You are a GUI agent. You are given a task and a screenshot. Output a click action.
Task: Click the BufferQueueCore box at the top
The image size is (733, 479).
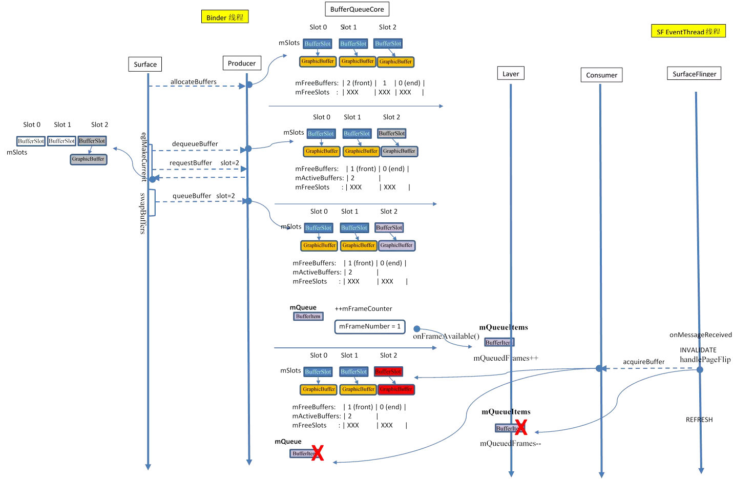[357, 9]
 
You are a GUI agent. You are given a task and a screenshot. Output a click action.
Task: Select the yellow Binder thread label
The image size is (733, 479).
[225, 17]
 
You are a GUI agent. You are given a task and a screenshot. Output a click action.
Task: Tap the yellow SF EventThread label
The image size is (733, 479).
[688, 32]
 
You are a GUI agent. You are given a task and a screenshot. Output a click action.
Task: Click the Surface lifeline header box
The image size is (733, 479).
[145, 65]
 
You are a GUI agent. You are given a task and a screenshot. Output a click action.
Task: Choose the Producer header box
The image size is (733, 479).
[242, 64]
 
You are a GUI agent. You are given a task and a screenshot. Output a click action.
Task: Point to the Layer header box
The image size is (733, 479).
[511, 74]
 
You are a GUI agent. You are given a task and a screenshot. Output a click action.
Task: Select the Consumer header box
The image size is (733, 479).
[601, 75]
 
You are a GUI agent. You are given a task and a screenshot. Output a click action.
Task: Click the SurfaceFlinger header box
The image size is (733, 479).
[694, 74]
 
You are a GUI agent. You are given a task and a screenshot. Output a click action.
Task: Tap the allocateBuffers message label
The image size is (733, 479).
[194, 81]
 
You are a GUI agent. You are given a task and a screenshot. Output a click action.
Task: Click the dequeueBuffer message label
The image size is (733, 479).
[195, 144]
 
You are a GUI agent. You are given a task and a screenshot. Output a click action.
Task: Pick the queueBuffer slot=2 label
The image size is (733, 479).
[203, 196]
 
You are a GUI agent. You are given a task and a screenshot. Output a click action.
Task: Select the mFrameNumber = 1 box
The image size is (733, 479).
[370, 326]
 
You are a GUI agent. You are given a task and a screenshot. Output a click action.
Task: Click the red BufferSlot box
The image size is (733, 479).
[388, 371]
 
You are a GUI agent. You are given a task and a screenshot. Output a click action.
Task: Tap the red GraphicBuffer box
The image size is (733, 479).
[396, 389]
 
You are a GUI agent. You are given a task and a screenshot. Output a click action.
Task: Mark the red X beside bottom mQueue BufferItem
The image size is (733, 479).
[318, 453]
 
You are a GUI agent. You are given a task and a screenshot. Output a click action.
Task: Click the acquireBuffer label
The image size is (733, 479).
[643, 362]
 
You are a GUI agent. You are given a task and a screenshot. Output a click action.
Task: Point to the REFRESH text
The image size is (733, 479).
[699, 420]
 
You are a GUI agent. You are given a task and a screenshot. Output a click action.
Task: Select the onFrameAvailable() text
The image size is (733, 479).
[446, 337]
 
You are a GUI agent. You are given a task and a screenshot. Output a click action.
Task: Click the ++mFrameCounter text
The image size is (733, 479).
[363, 308]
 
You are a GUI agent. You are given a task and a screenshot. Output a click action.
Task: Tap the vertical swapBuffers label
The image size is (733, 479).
[143, 213]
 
